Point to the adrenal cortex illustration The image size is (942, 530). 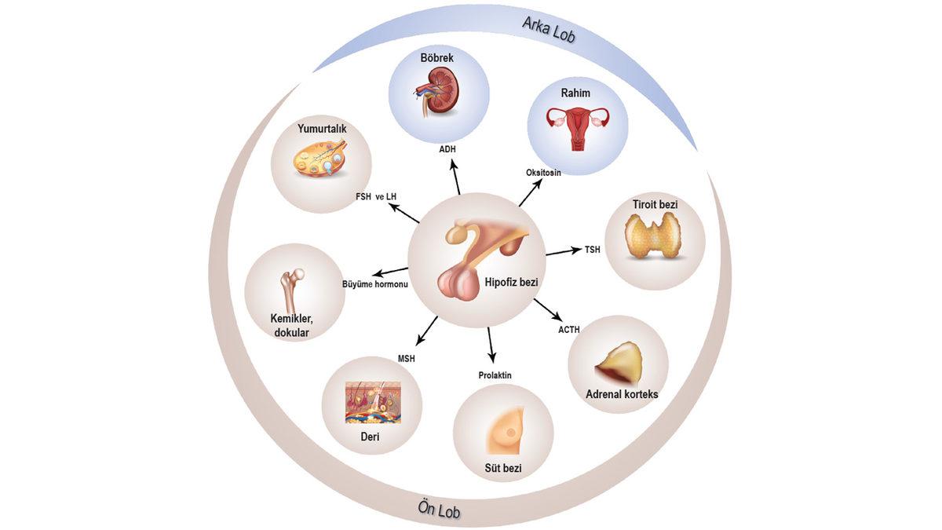617,361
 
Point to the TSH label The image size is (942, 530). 592,250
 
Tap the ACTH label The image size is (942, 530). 568,330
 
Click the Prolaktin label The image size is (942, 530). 495,375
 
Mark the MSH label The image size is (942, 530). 406,359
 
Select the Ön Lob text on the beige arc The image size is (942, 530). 439,510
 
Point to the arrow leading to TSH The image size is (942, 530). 562,252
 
